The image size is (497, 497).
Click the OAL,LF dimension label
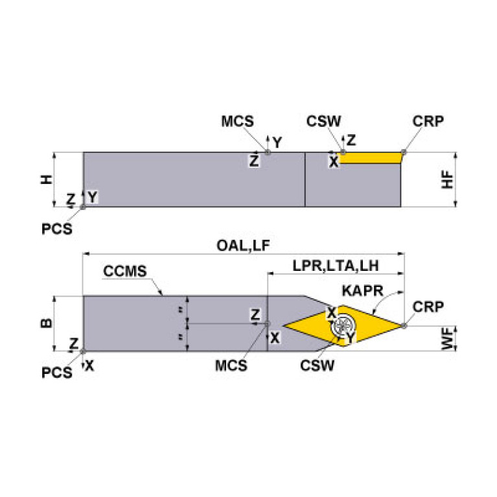point(243,246)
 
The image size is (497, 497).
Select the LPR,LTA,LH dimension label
point(336,266)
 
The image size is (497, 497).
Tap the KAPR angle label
point(362,291)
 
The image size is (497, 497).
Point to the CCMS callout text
point(125,272)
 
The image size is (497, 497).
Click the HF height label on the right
point(448,179)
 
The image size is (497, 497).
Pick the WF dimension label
point(448,338)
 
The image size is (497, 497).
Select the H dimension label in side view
point(47,179)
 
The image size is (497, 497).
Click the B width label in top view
point(47,323)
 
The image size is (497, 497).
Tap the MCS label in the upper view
point(237,121)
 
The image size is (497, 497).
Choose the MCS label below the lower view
point(231,365)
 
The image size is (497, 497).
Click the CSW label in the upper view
point(323,121)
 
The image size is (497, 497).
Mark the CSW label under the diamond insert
point(317,365)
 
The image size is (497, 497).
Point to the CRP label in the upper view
point(428,121)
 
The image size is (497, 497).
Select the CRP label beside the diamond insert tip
point(428,307)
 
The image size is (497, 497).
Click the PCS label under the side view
point(57,229)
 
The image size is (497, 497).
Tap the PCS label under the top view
point(57,373)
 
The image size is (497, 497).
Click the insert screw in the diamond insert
point(343,325)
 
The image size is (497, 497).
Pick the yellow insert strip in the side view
point(370,158)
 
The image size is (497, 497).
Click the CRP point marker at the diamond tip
point(404,325)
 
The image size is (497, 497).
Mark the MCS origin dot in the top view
point(267,323)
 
